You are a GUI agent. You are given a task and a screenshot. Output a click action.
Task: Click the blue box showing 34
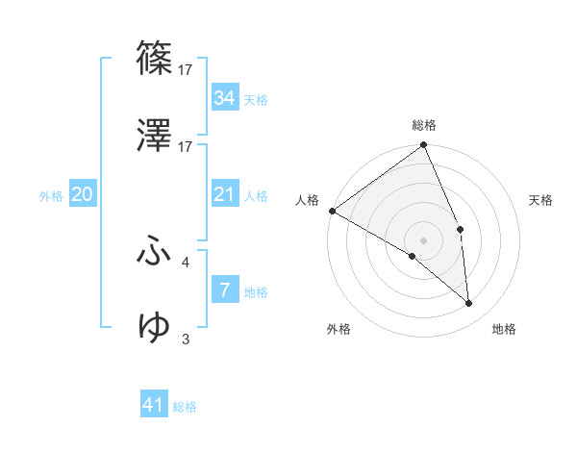[x=224, y=98]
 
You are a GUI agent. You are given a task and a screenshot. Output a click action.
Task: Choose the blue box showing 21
[x=224, y=194]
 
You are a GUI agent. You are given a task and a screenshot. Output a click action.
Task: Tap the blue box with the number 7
[x=224, y=289]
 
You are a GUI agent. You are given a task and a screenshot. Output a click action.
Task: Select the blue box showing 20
[x=82, y=194]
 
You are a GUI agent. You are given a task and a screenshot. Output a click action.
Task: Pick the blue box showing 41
[x=154, y=405]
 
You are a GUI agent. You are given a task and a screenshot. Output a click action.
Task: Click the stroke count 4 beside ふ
[x=186, y=261]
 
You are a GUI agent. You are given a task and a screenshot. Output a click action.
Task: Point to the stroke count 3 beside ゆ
[x=186, y=339]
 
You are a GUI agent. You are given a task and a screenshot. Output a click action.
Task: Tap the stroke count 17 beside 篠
[x=186, y=69]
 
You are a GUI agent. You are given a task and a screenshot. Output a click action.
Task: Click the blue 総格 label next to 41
[x=185, y=407]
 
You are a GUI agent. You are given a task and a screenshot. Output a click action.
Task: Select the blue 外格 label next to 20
[x=51, y=196]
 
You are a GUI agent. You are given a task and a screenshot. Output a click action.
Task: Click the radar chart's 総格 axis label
[x=424, y=125]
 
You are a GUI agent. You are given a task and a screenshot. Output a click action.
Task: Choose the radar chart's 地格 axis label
[x=504, y=329]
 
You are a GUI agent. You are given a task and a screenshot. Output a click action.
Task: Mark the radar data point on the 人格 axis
[x=332, y=211]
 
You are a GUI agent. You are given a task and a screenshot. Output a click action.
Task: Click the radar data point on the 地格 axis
[x=468, y=304]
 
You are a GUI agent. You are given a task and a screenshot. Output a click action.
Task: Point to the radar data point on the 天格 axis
[x=461, y=229]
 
